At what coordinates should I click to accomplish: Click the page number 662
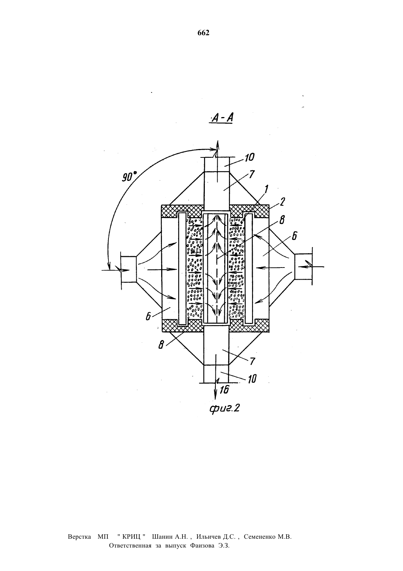point(204,33)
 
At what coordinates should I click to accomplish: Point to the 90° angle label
point(129,176)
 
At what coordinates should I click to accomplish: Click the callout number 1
point(266,190)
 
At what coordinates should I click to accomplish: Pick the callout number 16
point(225,389)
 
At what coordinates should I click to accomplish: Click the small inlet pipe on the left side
point(129,269)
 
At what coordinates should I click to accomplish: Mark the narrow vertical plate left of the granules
point(182,269)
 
